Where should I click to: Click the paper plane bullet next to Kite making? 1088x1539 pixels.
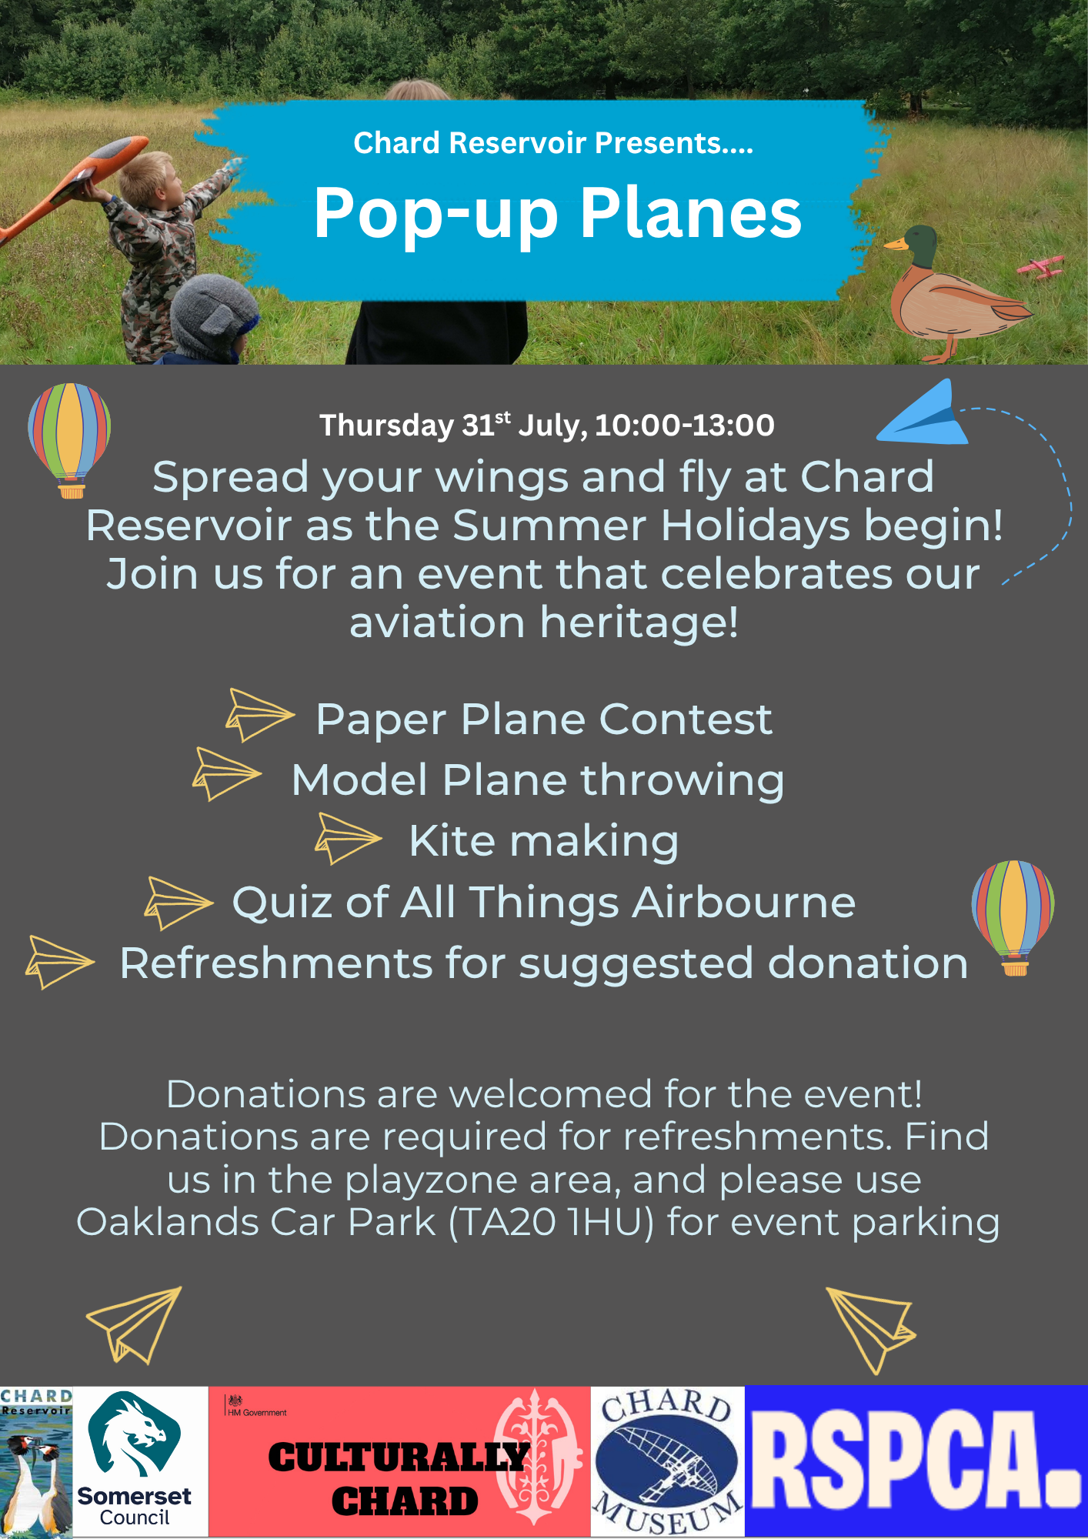pos(348,838)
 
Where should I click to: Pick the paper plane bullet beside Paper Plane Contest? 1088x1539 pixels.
pos(260,715)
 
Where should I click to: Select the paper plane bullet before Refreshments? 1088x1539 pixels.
pos(59,962)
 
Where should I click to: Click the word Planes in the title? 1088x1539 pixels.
pos(691,212)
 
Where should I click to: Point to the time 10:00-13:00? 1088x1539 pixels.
pos(685,425)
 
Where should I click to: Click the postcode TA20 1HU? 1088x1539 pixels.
pos(551,1222)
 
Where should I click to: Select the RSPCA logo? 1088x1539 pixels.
pos(916,1462)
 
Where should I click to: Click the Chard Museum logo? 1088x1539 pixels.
pos(667,1462)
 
